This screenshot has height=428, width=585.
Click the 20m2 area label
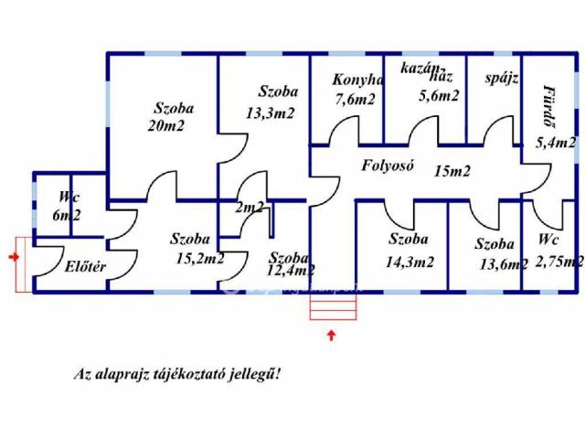click(x=165, y=126)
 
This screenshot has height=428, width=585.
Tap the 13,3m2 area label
click(x=271, y=112)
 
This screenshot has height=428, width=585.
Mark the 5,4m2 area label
click(x=556, y=143)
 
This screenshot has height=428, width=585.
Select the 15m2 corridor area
click(x=453, y=170)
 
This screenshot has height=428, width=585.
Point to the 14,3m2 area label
click(x=411, y=262)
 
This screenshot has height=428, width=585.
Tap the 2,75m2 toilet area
click(x=560, y=262)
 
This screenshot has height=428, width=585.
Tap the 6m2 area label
click(x=66, y=216)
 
